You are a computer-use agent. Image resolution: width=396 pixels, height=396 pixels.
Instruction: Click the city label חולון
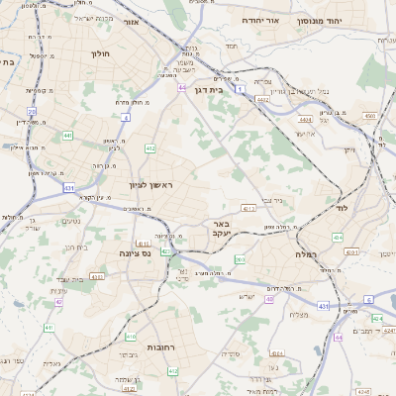click(x=100, y=53)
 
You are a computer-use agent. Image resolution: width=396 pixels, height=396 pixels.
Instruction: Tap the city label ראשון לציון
click(x=149, y=185)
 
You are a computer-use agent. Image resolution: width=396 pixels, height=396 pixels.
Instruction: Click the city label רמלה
click(x=305, y=254)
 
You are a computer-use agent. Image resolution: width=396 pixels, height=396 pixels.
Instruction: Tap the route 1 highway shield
click(x=241, y=89)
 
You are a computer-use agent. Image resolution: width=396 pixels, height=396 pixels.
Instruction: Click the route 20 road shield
click(x=33, y=112)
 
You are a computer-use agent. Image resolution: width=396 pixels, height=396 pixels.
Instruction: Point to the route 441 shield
click(x=67, y=135)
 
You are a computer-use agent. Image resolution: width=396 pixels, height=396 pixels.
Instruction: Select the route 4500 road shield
click(x=369, y=116)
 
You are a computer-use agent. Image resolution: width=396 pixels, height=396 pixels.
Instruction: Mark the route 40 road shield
click(x=269, y=298)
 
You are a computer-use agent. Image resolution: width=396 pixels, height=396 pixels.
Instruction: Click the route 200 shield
click(x=241, y=260)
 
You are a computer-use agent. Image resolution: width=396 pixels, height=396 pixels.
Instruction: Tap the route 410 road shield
click(x=131, y=337)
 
